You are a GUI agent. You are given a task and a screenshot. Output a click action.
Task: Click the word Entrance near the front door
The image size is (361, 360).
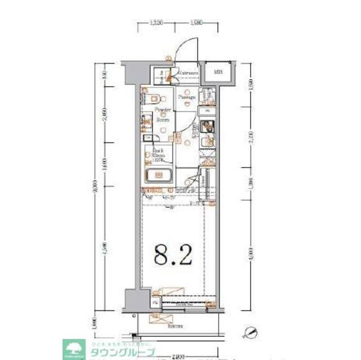click(x=188, y=73)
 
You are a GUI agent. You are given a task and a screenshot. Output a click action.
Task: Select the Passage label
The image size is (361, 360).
click(x=186, y=97)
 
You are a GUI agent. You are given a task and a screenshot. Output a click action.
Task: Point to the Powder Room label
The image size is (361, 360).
click(x=163, y=114)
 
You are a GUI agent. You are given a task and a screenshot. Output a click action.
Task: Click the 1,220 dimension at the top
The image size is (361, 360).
click(x=157, y=23)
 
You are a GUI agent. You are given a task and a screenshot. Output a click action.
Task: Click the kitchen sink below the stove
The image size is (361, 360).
click(x=207, y=141)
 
